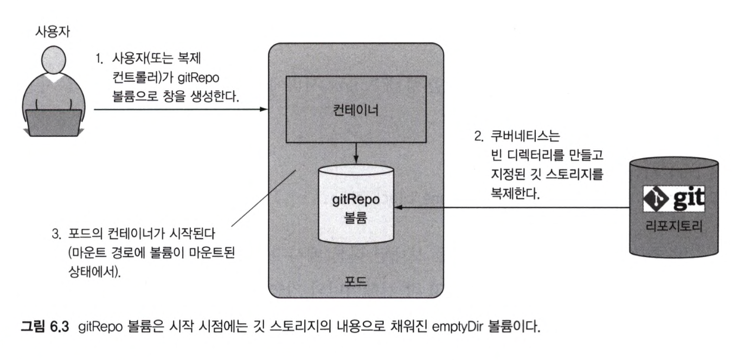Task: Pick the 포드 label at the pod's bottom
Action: click(x=355, y=282)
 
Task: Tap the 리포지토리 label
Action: click(x=674, y=226)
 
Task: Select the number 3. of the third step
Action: click(x=55, y=235)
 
